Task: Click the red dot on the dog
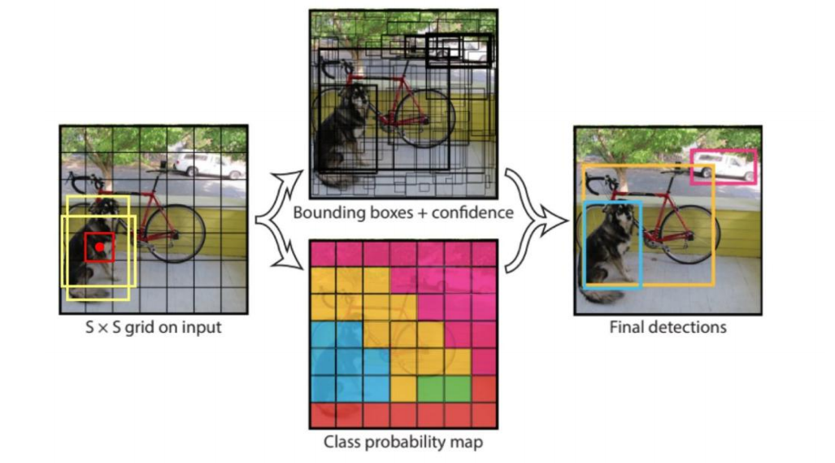coord(99,247)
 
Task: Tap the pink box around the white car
coord(724,151)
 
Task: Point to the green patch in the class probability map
coord(430,388)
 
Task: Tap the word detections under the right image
coord(692,328)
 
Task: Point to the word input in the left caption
coord(202,329)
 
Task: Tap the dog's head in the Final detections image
coord(622,216)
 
